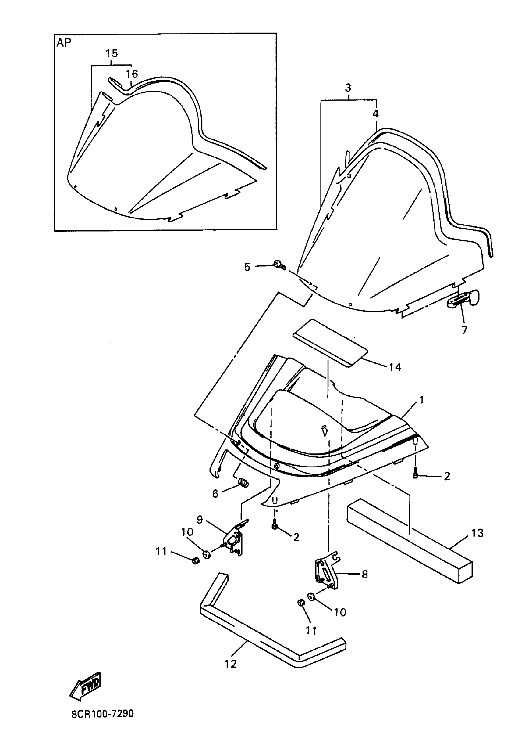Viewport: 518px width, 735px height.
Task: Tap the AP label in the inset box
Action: pos(64,43)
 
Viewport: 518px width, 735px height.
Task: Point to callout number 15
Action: pos(112,53)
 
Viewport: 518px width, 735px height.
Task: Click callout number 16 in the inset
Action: pos(131,74)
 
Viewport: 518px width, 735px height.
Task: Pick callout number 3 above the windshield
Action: pos(348,88)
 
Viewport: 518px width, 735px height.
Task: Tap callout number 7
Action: pos(464,330)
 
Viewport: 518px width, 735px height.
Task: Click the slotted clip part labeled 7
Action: pos(464,299)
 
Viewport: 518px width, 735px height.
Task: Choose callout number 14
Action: pos(395,367)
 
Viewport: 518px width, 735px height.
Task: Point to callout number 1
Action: pos(421,400)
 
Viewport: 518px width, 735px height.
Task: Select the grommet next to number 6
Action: pos(244,482)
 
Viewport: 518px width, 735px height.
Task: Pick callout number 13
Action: pos(477,533)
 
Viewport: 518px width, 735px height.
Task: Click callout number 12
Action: pos(231,664)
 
